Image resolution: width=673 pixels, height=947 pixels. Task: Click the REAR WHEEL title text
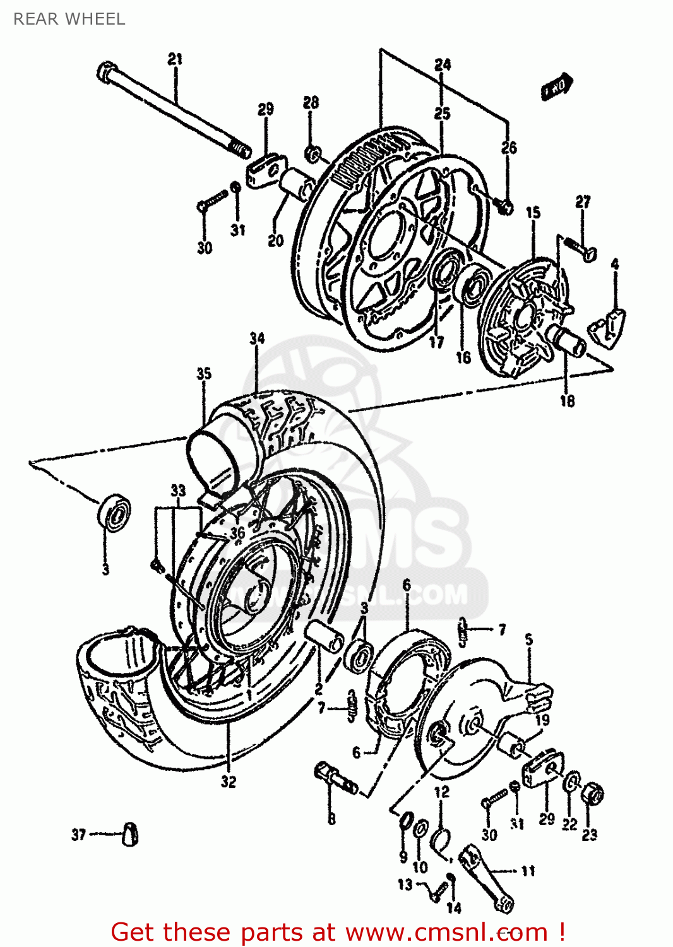[69, 19]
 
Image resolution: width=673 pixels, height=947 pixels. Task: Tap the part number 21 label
[175, 59]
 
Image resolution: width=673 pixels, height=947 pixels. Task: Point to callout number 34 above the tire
[257, 338]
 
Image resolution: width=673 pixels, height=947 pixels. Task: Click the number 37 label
[78, 835]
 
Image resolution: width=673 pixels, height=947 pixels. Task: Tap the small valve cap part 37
[130, 834]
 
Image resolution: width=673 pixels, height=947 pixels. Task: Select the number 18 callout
[567, 400]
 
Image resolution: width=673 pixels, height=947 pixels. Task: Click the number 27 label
[583, 202]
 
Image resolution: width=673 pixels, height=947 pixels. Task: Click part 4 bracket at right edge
[607, 326]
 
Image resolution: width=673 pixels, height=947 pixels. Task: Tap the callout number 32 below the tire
[229, 782]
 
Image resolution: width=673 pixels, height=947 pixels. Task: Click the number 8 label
[331, 819]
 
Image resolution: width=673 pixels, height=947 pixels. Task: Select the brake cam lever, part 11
[486, 878]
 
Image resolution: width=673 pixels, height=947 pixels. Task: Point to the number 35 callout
[203, 374]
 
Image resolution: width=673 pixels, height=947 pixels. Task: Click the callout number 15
[533, 212]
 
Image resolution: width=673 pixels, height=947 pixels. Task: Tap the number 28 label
[311, 102]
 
